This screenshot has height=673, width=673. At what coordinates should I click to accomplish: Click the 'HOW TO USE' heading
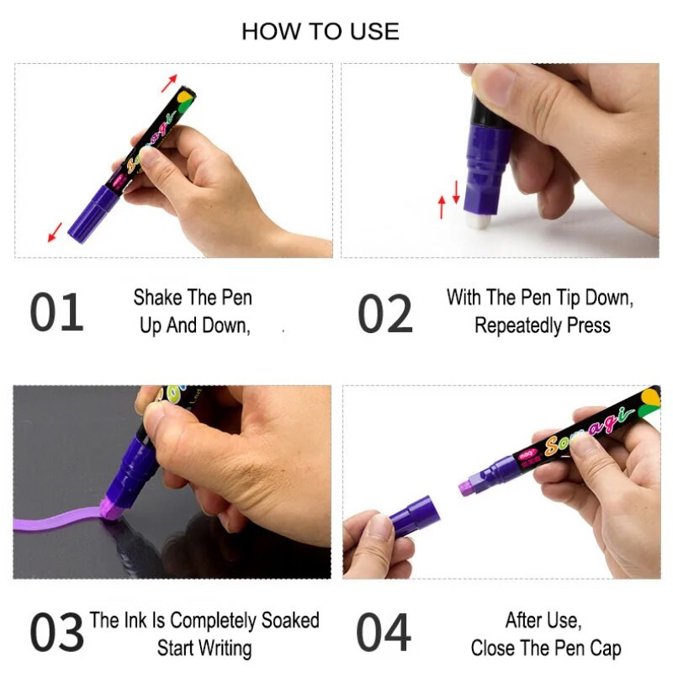321,32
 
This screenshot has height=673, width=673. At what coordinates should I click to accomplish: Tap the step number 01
56,312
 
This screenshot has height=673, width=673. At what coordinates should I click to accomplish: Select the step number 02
385,313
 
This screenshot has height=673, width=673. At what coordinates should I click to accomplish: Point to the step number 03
56,632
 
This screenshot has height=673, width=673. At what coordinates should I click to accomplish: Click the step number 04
384,632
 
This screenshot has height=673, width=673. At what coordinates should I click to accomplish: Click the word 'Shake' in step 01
157,298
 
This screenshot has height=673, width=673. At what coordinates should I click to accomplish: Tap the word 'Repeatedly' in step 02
518,326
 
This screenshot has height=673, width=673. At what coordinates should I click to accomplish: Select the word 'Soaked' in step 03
290,620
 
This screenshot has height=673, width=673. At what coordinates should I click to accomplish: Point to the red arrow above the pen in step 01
169,82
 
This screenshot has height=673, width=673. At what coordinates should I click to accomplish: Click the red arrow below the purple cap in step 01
55,232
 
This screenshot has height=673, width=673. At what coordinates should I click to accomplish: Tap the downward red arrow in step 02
456,192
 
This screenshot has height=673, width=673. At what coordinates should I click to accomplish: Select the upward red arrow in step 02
442,207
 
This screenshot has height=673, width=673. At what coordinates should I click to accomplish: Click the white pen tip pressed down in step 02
478,220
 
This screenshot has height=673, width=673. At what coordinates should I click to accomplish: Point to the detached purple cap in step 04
415,516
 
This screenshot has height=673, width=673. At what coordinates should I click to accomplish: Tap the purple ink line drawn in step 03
60,517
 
